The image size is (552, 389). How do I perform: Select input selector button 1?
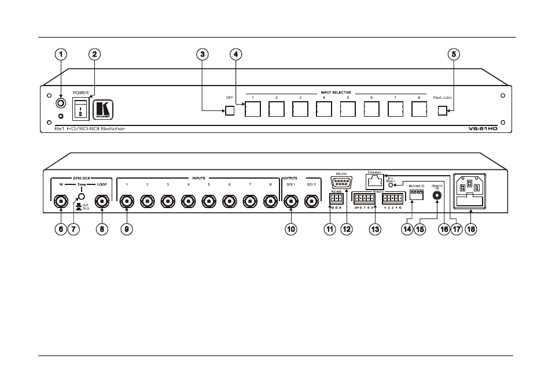coord(253,109)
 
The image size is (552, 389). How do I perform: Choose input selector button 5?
coord(348,109)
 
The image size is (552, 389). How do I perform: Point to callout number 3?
coord(201,54)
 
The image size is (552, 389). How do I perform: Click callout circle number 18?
coord(471,229)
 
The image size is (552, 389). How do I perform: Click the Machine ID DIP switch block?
coord(417,195)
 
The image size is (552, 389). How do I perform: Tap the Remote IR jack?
coord(437,195)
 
